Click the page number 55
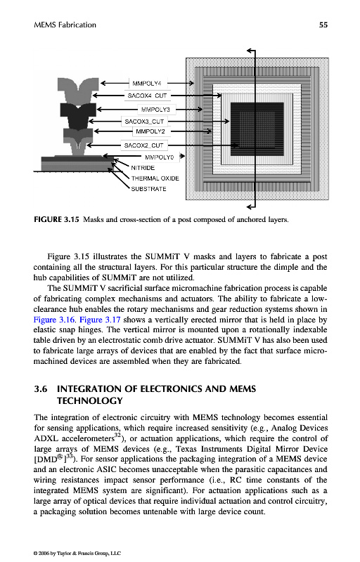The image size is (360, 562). click(323, 25)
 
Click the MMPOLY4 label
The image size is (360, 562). click(147, 84)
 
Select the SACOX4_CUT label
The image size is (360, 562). click(147, 96)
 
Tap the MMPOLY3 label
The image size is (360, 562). click(155, 110)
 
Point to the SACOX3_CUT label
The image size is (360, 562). click(144, 122)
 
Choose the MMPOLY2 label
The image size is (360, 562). click(150, 131)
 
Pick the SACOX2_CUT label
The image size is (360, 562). click(143, 145)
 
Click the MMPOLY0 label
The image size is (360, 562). click(159, 157)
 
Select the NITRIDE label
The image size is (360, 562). click(143, 168)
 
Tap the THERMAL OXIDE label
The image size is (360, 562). click(155, 178)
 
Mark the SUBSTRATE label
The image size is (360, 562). click(148, 189)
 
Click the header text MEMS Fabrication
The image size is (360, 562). click(65, 25)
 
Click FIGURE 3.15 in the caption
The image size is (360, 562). click(56, 219)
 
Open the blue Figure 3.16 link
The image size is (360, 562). click(54, 320)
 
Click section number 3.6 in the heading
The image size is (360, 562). click(41, 389)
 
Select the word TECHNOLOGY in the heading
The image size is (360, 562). click(89, 400)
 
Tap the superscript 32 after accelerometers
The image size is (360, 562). click(117, 436)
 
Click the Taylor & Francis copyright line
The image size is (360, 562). click(77, 553)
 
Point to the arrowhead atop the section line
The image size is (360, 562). click(250, 51)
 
